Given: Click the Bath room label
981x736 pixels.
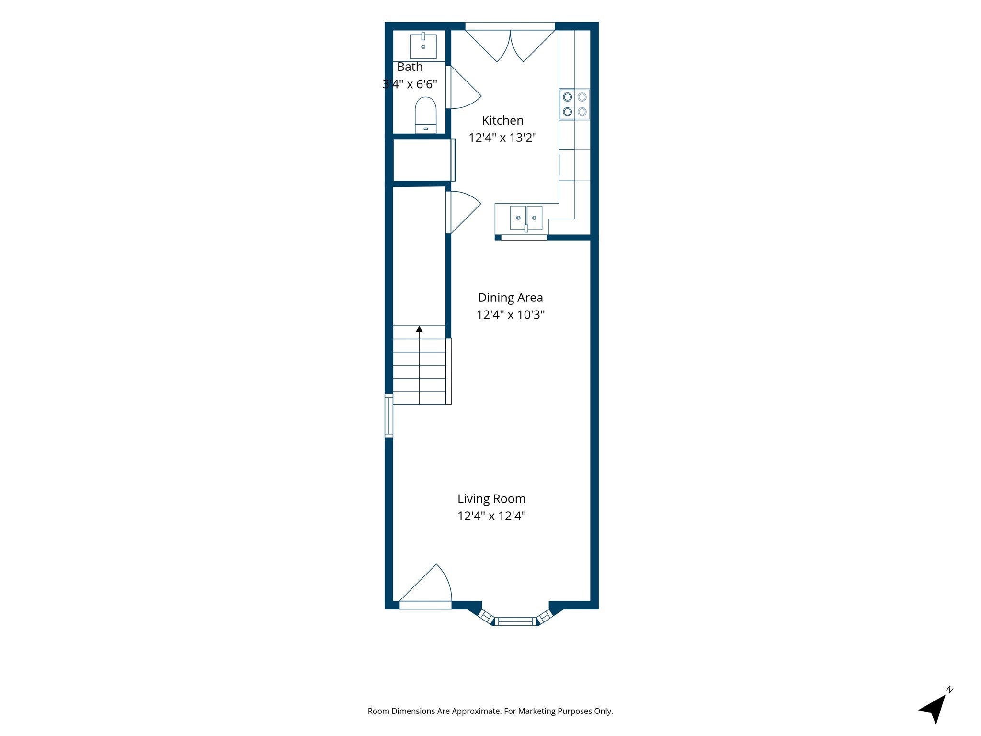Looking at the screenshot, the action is (410, 67).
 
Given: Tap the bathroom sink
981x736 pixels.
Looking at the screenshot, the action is (423, 46).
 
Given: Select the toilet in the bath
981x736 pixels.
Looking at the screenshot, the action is (425, 115).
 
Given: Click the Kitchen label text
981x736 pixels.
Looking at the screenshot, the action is (502, 120).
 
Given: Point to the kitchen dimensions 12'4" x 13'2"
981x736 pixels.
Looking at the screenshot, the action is (502, 138).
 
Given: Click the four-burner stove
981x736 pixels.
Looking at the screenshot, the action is (575, 104).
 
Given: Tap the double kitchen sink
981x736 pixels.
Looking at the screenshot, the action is (526, 218).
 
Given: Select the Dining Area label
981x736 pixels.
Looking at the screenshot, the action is (511, 298).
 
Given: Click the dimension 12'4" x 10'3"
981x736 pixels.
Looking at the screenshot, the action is (511, 315).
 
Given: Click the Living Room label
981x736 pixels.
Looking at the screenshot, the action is (491, 499).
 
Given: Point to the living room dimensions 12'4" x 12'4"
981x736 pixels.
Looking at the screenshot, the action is (491, 516).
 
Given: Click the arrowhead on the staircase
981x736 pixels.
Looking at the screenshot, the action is (419, 329).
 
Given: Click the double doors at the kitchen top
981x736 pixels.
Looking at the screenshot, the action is (510, 46).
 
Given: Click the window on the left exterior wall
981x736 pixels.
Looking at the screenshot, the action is (389, 415).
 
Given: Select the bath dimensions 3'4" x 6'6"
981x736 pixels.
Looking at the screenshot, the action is (410, 84).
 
